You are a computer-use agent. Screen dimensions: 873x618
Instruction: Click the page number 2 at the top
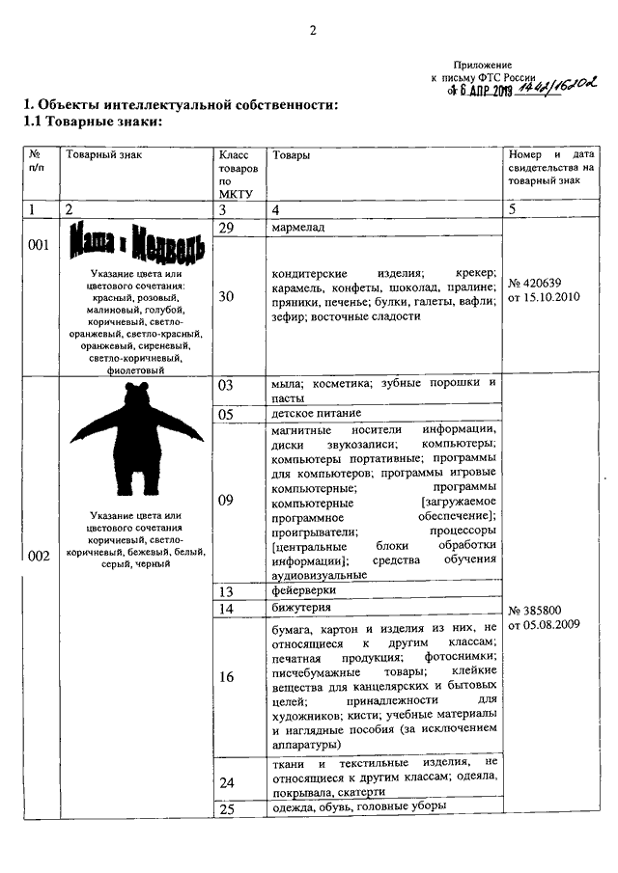pyautogui.click(x=313, y=30)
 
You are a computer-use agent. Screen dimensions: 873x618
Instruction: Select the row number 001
pyautogui.click(x=38, y=245)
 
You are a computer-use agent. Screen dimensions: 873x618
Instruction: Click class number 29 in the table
pyautogui.click(x=228, y=228)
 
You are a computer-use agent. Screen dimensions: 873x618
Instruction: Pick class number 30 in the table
pyautogui.click(x=226, y=296)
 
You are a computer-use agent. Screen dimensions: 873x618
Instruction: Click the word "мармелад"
pyautogui.click(x=298, y=228)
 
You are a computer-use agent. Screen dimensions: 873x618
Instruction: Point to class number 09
pyautogui.click(x=226, y=500)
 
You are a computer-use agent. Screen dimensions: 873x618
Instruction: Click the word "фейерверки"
pyautogui.click(x=303, y=590)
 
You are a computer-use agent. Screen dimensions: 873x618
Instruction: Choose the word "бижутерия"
pyautogui.click(x=301, y=608)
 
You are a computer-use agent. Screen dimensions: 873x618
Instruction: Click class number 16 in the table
pyautogui.click(x=226, y=677)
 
